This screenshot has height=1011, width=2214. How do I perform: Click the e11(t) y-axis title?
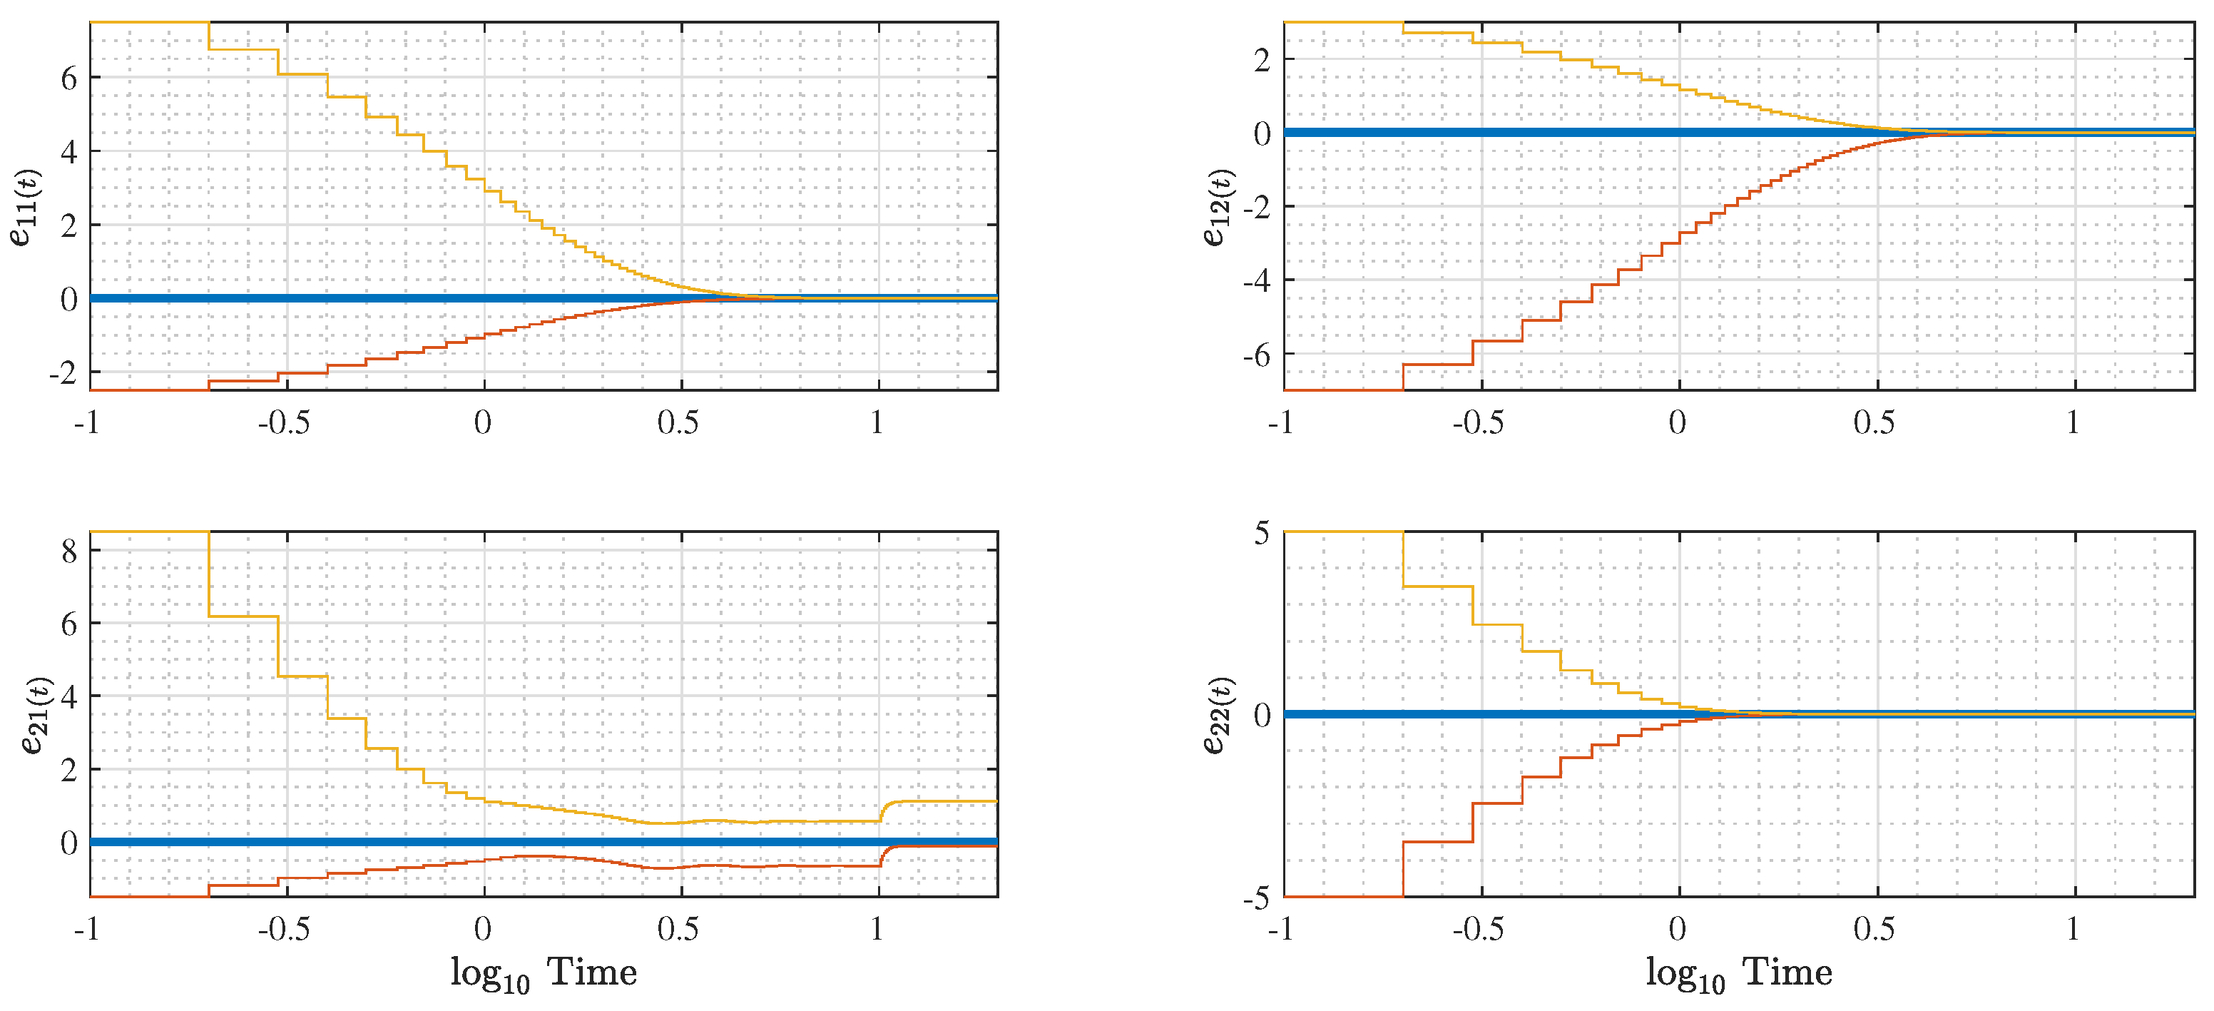pyautogui.click(x=26, y=206)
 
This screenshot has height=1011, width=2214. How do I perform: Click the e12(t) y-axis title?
pyautogui.click(x=1219, y=206)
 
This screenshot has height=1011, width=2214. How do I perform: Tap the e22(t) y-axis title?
pyautogui.click(x=1219, y=716)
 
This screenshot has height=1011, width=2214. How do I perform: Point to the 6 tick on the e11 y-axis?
pyautogui.click(x=68, y=78)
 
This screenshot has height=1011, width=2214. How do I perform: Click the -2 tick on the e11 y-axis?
pyautogui.click(x=63, y=373)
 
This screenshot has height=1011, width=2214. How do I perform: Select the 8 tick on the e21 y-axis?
pyautogui.click(x=68, y=550)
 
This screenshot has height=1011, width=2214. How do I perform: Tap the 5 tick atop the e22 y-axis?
pyautogui.click(x=1262, y=533)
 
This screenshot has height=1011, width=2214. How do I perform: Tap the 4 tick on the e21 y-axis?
pyautogui.click(x=68, y=696)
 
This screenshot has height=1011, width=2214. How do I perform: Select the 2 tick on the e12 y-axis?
pyautogui.click(x=1262, y=60)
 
